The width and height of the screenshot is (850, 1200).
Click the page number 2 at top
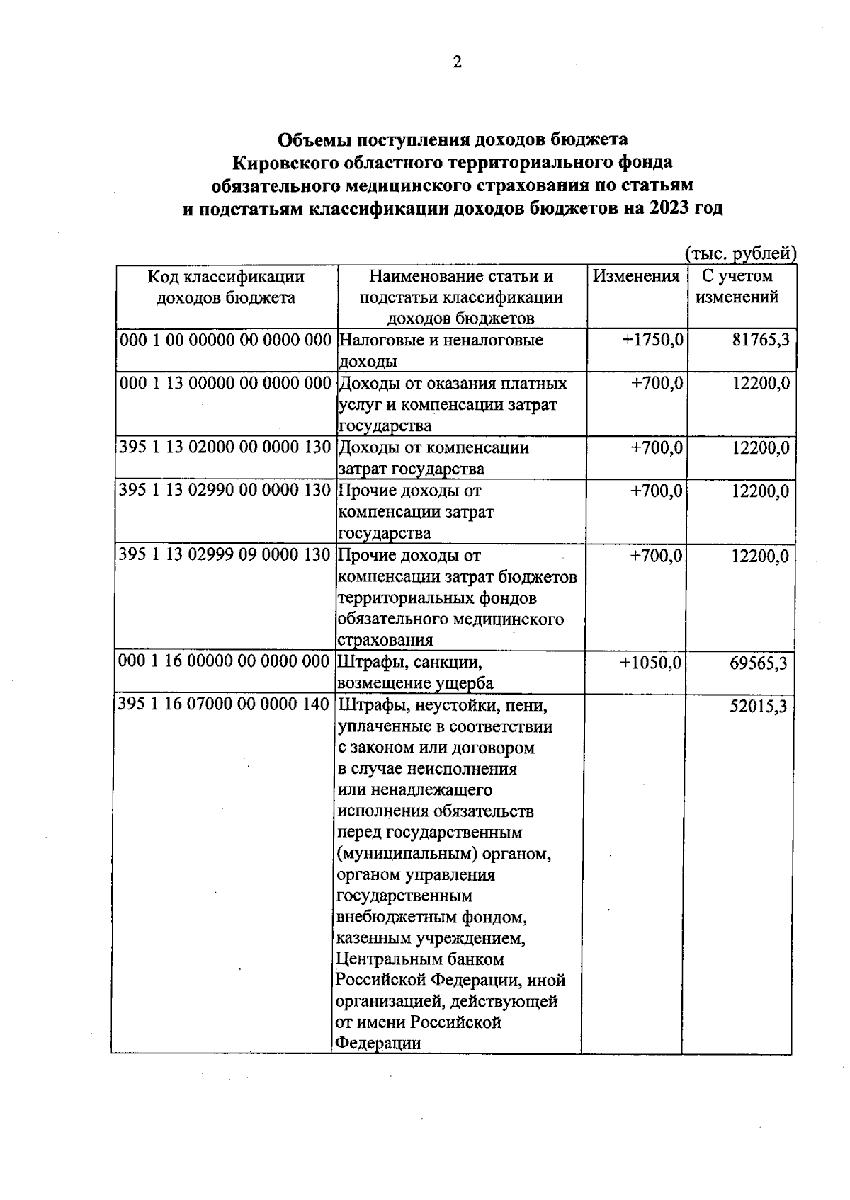pos(457,62)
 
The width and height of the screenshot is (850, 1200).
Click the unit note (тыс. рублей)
pos(740,253)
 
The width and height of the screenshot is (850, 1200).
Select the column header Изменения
pos(635,276)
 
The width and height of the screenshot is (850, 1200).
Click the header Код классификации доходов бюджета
pos(226,287)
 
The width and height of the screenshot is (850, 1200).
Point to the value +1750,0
pos(652,341)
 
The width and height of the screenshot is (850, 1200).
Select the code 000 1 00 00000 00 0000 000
pos(225,341)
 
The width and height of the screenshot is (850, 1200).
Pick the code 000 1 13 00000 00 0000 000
pos(225,384)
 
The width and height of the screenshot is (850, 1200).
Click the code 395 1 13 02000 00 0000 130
pos(225,448)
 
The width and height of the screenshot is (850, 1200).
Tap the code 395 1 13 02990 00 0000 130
pos(225,491)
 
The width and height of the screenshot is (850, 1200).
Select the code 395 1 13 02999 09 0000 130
pos(225,556)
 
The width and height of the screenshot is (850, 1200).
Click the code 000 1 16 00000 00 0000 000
pos(225,663)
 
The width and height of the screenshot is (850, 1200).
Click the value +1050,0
pos(651,663)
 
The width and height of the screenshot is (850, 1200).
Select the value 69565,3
pos(759,663)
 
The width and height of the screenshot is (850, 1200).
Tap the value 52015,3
pos(759,707)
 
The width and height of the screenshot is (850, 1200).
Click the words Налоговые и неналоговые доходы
pos(441,350)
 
